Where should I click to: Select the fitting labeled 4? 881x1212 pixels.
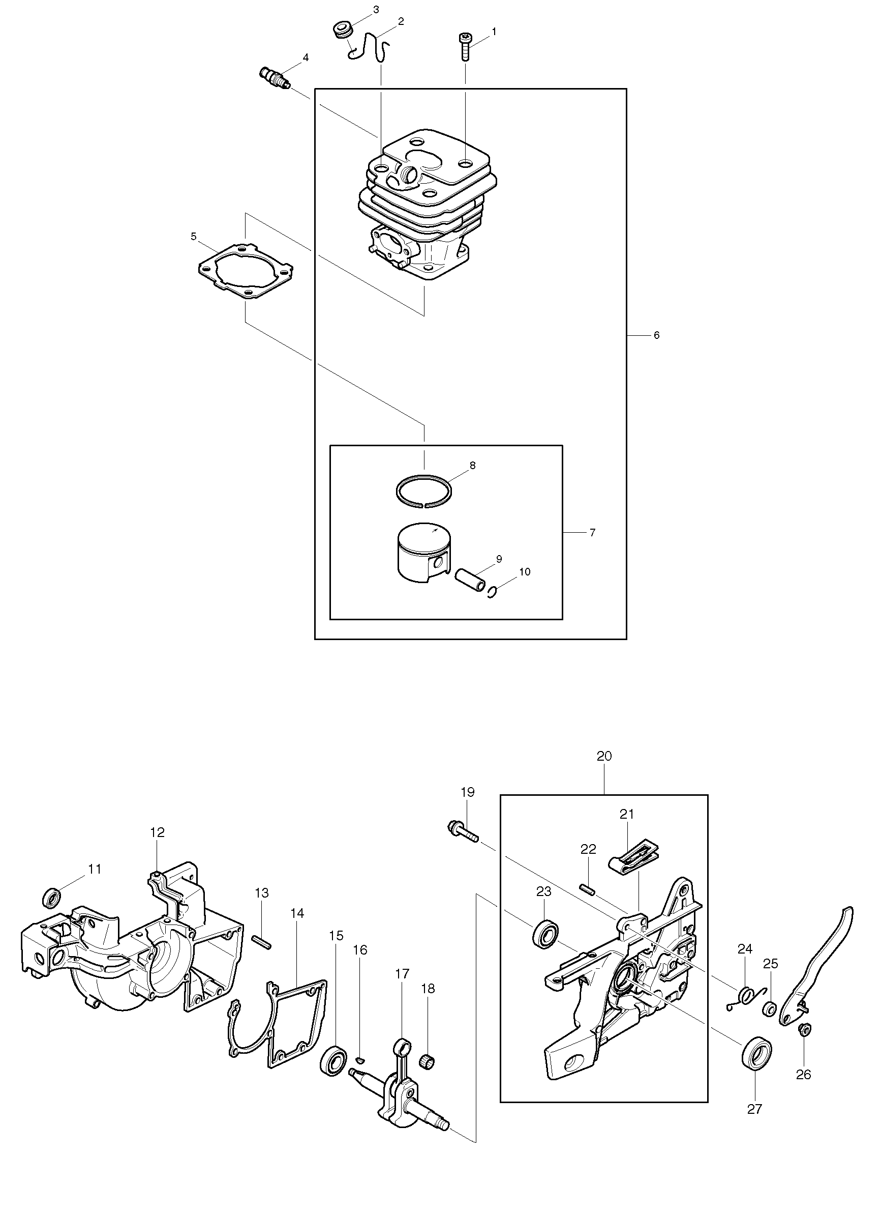coord(275,78)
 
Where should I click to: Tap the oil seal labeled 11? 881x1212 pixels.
coord(52,897)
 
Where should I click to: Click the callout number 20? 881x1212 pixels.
coord(604,756)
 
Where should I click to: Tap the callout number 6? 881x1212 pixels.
coord(656,335)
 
